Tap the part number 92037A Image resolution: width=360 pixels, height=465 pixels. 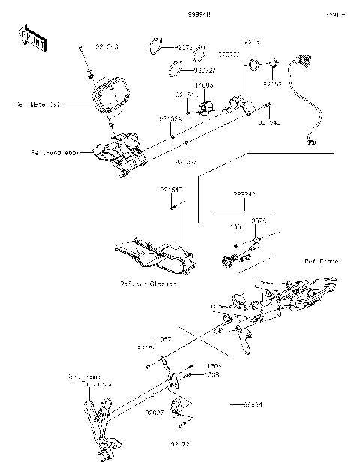tap(229, 54)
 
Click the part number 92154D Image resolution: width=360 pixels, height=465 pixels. tap(269, 122)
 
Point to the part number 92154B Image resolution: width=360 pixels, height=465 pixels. tap(171, 190)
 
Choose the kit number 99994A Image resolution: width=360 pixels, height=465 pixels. tap(244, 193)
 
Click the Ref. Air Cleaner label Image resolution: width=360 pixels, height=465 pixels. tap(148, 283)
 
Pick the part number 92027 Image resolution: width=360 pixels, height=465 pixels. tap(155, 412)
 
